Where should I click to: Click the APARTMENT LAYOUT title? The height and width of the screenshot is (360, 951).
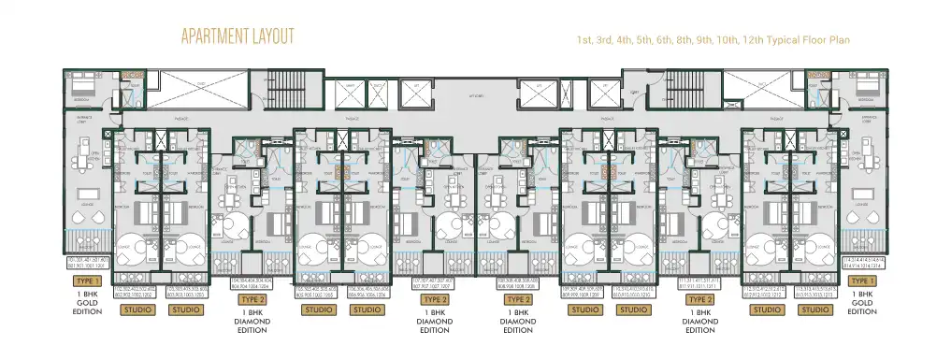[x=238, y=36]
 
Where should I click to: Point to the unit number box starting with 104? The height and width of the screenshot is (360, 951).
[x=242, y=283]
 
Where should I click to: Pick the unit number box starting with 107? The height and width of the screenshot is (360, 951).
[x=433, y=283]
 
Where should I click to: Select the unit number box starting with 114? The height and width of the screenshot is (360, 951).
[x=862, y=265]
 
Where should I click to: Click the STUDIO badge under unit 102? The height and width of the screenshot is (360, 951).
[x=137, y=310]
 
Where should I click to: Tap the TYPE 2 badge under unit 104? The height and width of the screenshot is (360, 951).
[x=242, y=299]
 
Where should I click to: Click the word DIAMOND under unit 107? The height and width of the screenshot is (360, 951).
[x=433, y=321]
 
